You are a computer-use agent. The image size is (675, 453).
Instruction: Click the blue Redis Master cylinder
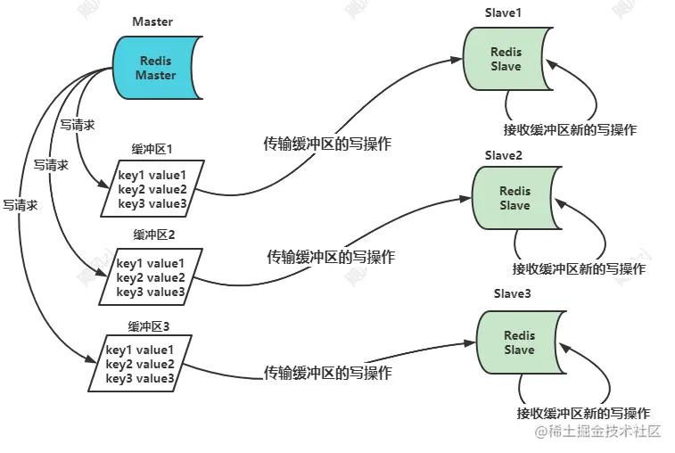coord(156,68)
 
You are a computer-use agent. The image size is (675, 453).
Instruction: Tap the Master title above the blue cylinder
coord(152,21)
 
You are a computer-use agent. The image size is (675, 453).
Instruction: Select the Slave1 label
coord(503,12)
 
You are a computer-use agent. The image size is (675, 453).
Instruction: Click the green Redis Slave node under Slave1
coord(506,59)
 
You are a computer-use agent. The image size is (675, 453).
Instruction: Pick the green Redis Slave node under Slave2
coord(515,198)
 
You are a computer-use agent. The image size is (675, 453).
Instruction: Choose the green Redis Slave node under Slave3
coord(520,342)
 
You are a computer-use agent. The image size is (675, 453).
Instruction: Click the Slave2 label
coord(503,155)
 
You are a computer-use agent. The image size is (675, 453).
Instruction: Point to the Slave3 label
coord(513,293)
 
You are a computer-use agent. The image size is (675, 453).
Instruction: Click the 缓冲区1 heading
coord(152,149)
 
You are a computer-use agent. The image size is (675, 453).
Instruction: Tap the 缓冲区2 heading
coord(154,235)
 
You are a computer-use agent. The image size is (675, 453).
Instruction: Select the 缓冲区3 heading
coord(149,326)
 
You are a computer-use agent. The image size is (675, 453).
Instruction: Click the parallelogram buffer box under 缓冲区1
coord(152,189)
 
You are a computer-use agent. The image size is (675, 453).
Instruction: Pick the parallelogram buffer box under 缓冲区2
coord(151,276)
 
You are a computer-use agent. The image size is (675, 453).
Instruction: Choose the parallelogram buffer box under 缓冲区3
coord(140,364)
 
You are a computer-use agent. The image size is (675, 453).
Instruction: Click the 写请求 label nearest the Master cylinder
coord(77,126)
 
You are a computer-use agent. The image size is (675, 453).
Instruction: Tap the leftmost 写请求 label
coord(21,205)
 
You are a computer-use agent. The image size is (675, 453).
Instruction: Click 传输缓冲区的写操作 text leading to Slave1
coord(327,144)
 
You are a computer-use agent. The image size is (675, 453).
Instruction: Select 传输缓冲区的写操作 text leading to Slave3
coord(327,373)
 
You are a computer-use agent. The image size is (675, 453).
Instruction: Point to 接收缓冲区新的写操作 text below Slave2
coord(579,268)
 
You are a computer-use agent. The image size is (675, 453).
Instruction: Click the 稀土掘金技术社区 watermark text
coord(597,431)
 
